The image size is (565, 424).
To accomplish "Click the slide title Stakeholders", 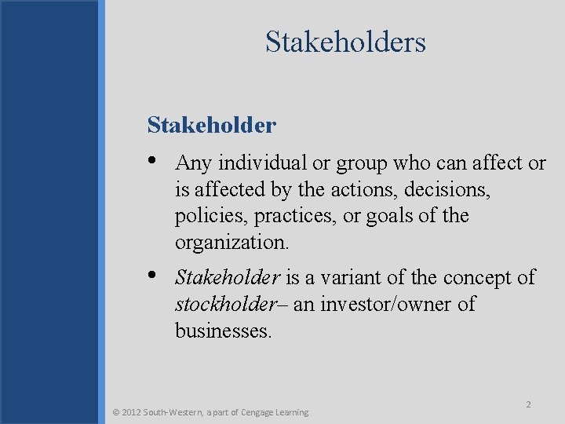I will (345, 42).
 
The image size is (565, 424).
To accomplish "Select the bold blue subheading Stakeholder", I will (211, 125).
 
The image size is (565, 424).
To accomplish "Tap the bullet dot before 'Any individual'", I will (152, 161).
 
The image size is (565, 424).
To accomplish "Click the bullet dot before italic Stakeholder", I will (152, 276).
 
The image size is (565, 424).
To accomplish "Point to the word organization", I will (231, 243).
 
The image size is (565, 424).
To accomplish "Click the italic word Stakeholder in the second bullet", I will (228, 277).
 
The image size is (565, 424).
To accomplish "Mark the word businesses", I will (223, 331).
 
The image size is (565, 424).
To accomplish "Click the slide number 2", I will (528, 404).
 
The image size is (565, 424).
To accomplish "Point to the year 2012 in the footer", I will (133, 412).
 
